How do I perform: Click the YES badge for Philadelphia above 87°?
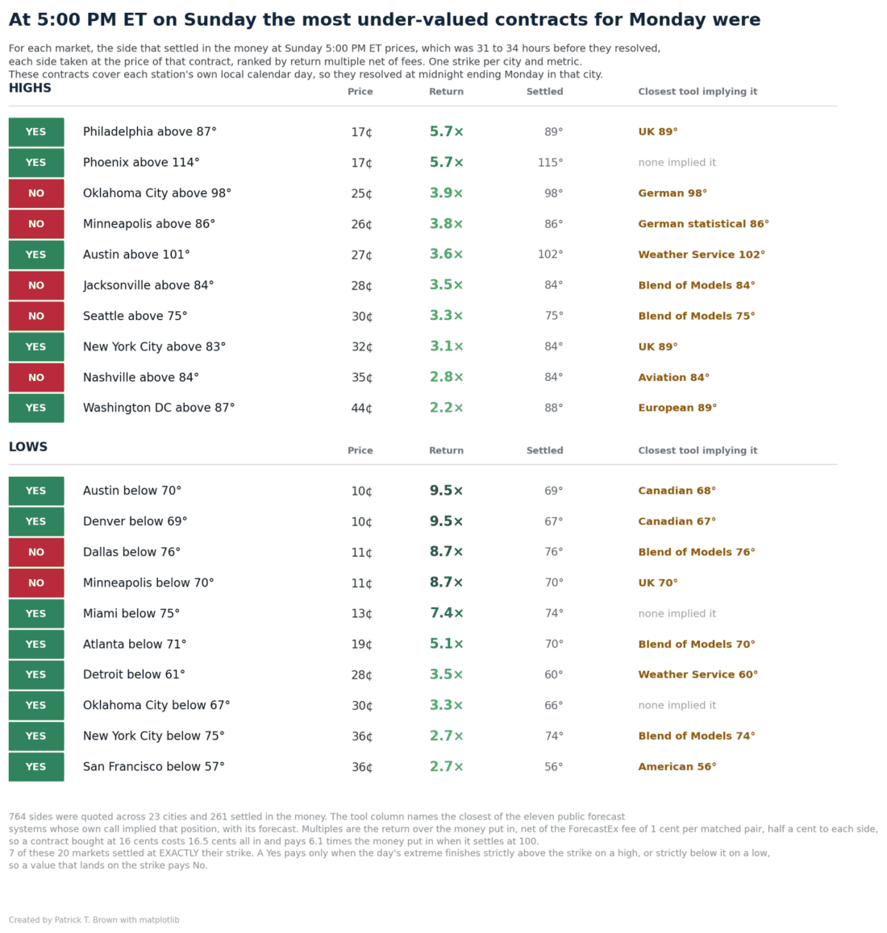pos(35,132)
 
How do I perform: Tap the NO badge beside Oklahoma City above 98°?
pos(35,193)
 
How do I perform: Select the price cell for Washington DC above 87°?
pos(361,408)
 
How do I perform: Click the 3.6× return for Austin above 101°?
pos(446,255)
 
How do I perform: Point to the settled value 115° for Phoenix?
pos(551,163)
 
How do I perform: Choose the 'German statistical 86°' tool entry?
pos(703,224)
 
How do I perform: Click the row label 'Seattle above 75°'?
pos(135,316)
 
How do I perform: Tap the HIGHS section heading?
pos(30,88)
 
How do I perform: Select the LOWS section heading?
pos(28,447)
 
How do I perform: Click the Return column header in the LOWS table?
pos(446,450)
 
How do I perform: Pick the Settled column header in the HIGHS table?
pos(544,92)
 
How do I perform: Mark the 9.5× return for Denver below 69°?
pos(446,521)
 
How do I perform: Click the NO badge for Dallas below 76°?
pos(35,552)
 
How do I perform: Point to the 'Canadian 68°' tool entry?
pos(677,491)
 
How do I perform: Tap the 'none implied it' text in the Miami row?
pos(677,613)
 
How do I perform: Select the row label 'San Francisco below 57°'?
pos(154,766)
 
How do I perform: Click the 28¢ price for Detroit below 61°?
pos(361,674)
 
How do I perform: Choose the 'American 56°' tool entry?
pos(677,767)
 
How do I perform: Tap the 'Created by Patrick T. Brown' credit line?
pos(94,920)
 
